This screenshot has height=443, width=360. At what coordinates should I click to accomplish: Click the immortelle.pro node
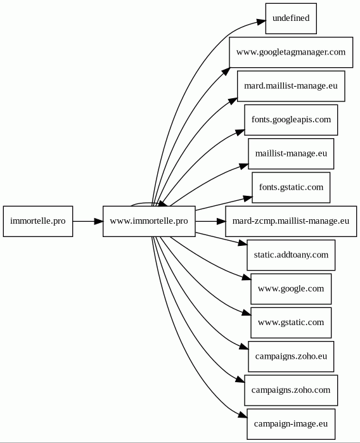click(38, 221)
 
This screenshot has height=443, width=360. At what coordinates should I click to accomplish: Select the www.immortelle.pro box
click(149, 221)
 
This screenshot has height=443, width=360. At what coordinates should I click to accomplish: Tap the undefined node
click(291, 18)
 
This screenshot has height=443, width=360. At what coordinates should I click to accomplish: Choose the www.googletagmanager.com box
click(291, 52)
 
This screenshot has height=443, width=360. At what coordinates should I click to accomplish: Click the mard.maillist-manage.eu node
click(291, 86)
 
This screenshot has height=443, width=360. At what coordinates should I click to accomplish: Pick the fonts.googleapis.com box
click(291, 120)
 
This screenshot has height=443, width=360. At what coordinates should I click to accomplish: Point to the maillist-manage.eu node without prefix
click(291, 154)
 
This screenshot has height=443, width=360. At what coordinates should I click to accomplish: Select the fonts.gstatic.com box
click(291, 188)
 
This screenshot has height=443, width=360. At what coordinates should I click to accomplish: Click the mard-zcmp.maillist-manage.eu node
click(291, 221)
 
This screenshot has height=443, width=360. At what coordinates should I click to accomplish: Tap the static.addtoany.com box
click(291, 255)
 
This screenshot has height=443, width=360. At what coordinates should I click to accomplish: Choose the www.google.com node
click(291, 289)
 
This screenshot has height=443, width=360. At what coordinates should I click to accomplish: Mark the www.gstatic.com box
click(291, 323)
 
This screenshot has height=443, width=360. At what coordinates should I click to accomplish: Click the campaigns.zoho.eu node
click(291, 357)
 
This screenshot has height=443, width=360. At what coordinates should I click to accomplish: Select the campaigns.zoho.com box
click(291, 390)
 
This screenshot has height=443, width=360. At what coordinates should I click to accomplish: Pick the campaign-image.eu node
click(291, 424)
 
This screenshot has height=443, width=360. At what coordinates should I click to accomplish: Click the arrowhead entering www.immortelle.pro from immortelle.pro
click(99, 221)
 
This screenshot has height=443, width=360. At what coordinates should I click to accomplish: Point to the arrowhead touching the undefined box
click(261, 22)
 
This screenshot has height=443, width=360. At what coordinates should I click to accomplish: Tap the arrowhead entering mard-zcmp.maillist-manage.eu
click(221, 221)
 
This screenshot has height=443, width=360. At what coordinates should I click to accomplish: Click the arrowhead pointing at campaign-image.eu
click(243, 414)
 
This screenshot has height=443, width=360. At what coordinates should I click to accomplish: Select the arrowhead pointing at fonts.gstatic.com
click(248, 198)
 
